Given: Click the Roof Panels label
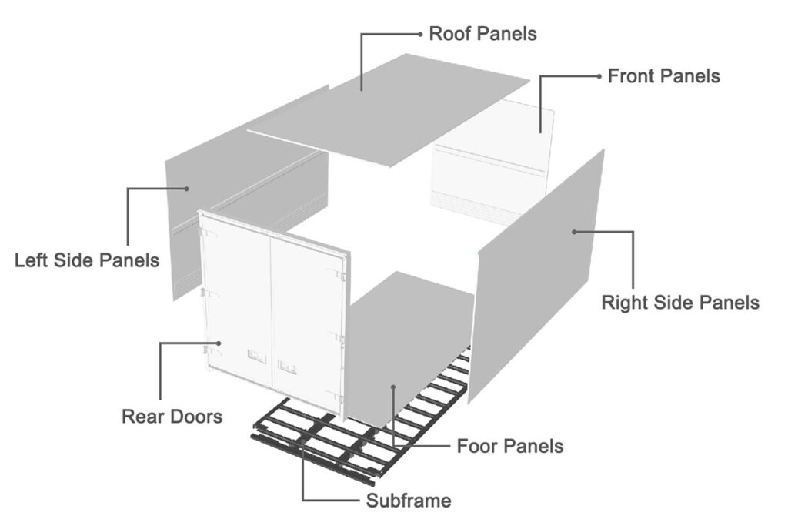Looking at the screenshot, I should click(x=482, y=34).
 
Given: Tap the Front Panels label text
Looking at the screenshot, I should click(x=663, y=76).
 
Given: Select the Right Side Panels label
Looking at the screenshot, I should click(x=679, y=302).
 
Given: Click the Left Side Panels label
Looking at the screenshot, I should click(x=87, y=260).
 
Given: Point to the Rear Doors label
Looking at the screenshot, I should click(x=172, y=417).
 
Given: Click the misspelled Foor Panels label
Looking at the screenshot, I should click(x=509, y=446).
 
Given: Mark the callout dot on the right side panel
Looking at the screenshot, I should click(x=573, y=231).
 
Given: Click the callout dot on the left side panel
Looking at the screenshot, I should click(x=186, y=188).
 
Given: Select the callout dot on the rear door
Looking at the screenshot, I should click(x=219, y=343).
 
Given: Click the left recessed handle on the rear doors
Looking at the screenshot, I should click(x=255, y=357).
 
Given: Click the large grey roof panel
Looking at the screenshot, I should click(x=400, y=108).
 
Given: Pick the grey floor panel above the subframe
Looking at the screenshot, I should click(x=408, y=339).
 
